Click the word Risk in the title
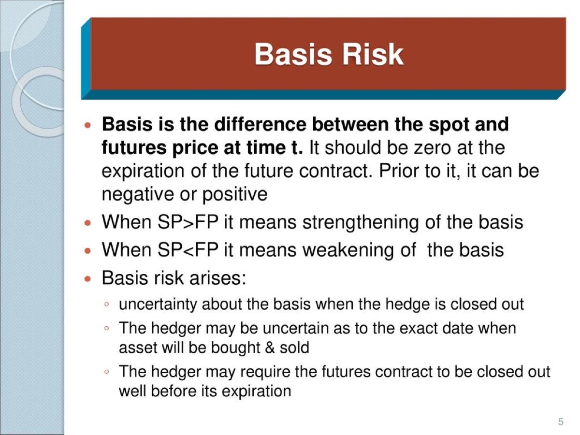373,55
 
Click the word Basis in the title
293,55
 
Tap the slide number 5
561,421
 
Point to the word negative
138,195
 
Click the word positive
235,195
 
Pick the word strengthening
361,222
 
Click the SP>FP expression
188,222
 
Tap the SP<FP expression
188,249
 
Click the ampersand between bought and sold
270,348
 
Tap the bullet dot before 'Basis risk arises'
87,278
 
